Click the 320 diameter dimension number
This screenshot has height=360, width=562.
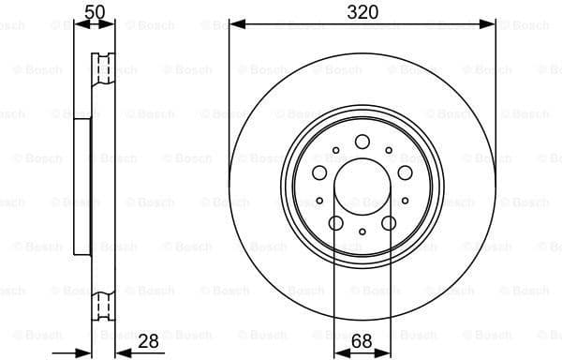(362, 11)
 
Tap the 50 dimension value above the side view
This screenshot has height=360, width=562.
(94, 11)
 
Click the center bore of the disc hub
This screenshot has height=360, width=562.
(362, 186)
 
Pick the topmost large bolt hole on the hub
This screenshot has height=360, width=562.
(362, 142)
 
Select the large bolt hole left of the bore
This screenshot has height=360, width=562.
(319, 172)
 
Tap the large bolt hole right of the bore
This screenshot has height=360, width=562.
(404, 172)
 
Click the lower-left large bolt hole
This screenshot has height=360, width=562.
(335, 222)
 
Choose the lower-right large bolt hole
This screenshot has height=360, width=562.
(388, 222)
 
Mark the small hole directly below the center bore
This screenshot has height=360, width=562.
(362, 231)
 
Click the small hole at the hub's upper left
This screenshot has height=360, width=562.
(335, 150)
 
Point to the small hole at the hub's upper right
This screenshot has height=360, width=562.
(388, 150)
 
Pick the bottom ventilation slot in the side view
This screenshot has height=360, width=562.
(101, 304)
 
